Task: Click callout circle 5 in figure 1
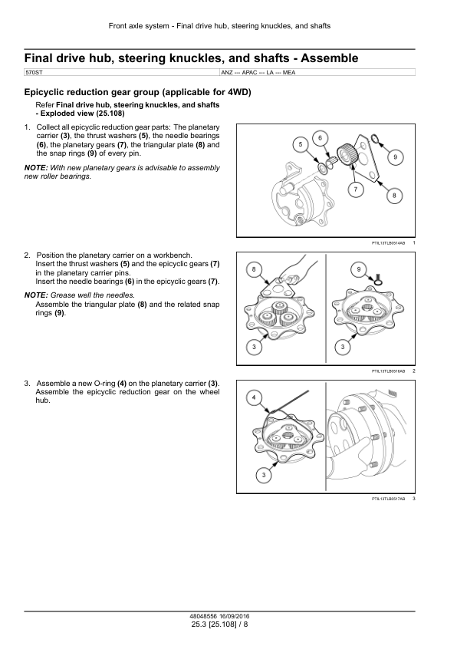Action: [301, 144]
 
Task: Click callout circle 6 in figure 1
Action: [321, 138]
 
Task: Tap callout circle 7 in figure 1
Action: [356, 190]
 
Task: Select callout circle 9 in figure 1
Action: [395, 157]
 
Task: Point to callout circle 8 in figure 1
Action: [394, 196]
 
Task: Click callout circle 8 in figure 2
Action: [254, 269]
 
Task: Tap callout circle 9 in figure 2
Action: [359, 269]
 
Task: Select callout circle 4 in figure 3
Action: [254, 397]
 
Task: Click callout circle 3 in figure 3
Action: [264, 475]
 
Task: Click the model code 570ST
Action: [34, 73]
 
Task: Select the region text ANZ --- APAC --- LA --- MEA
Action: [258, 73]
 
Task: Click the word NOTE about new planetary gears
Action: [36, 168]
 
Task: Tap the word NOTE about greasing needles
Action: [36, 295]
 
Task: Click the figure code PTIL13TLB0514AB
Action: [388, 243]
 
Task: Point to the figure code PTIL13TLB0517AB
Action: [388, 499]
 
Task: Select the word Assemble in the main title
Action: [330, 58]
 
